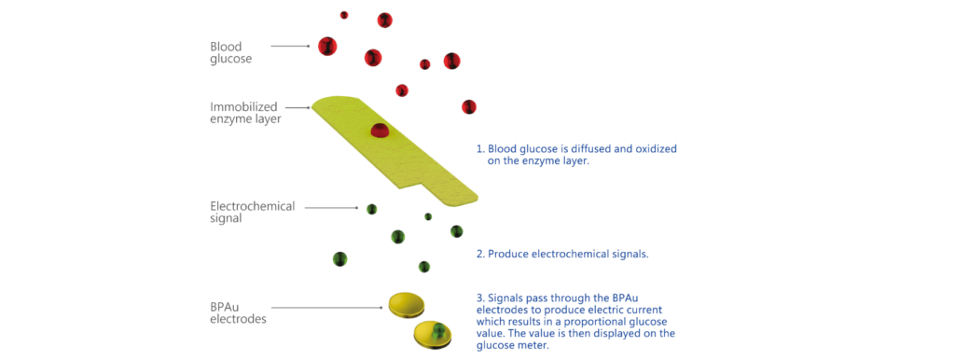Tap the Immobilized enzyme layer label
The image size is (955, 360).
point(245,113)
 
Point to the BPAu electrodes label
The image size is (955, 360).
point(238,312)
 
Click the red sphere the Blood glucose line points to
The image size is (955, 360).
point(327,47)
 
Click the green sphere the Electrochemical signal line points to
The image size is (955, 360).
point(371,209)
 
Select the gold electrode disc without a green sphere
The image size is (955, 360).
point(407,304)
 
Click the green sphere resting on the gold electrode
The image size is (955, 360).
point(438,331)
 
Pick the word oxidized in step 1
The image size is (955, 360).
point(656,149)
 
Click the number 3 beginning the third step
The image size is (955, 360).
point(479,298)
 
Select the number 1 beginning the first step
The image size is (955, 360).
point(479,149)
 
